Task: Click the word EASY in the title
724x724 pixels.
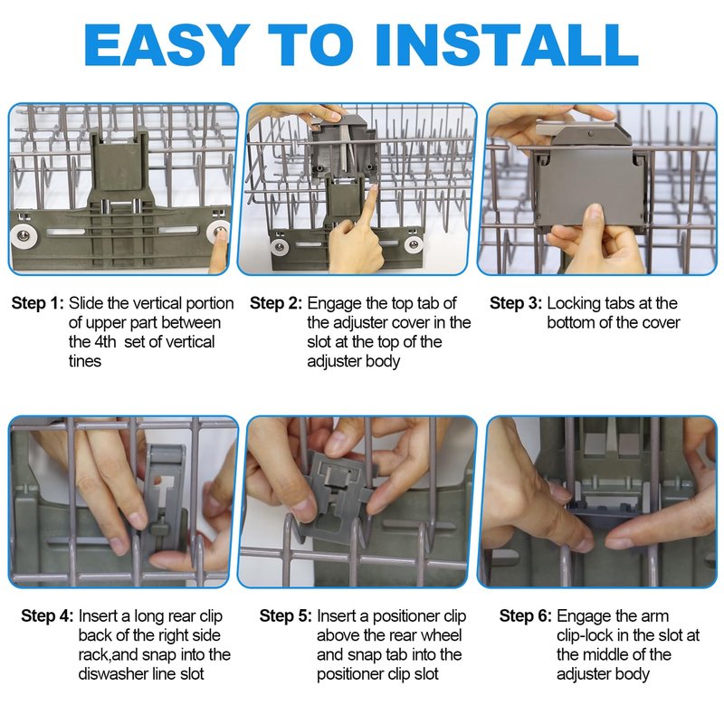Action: click(164, 44)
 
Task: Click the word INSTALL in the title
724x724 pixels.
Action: click(507, 44)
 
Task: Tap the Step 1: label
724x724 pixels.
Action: click(38, 303)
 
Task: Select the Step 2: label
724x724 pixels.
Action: click(276, 303)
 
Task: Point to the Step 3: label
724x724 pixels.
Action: click(516, 303)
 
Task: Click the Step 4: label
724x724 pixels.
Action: click(48, 616)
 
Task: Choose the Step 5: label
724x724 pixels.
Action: click(286, 616)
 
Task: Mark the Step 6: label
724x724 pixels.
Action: click(526, 616)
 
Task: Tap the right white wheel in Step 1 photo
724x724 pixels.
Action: click(217, 233)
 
